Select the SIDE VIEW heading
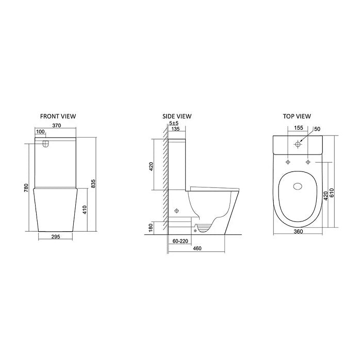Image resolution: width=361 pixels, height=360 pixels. click(176, 116)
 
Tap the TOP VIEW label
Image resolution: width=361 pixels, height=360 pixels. click(296, 116)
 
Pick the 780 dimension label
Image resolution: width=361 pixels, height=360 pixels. click(26, 188)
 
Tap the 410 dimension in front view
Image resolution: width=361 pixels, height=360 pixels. click(84, 210)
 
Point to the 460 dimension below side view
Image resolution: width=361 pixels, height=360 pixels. click(196, 249)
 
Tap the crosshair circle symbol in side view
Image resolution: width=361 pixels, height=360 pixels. click(178, 211)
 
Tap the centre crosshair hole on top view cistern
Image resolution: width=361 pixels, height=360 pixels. click(297, 145)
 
